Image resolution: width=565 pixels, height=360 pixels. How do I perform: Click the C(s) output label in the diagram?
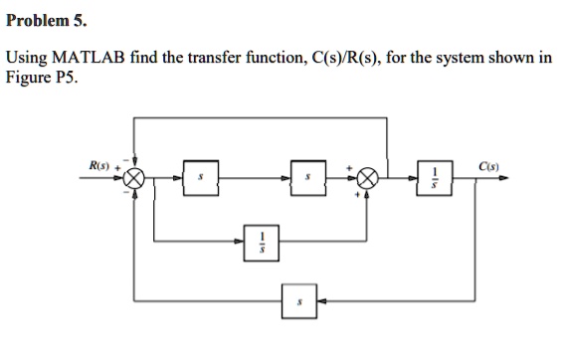[488, 166]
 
